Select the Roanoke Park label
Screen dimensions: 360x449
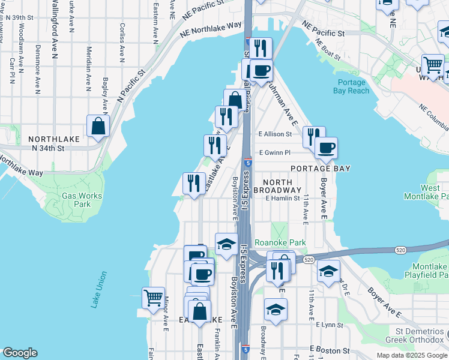pos(280,242)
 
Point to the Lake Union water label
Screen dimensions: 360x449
pos(100,290)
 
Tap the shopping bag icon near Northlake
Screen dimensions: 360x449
pos(98,127)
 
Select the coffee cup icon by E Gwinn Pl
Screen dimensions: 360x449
pos(326,148)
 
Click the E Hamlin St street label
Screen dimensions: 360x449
pos(282,198)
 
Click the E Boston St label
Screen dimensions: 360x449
pos(330,349)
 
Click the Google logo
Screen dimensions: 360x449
pos(20,353)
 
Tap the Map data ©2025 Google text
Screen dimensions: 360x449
pos(411,355)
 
